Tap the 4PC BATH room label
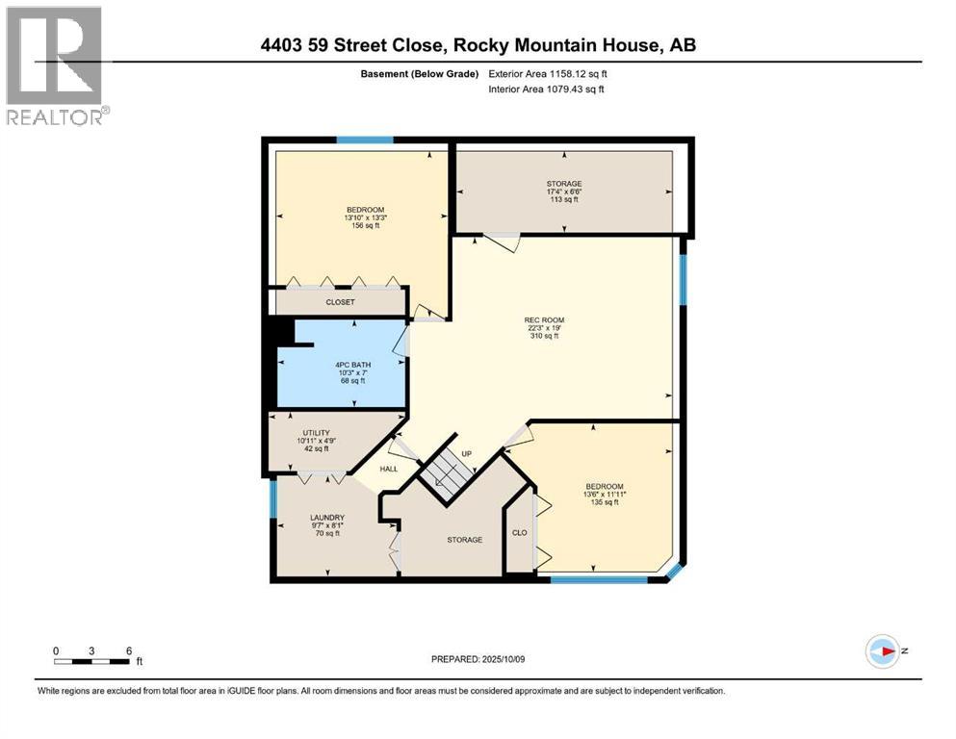tap(353, 365)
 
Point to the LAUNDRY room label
tap(326, 518)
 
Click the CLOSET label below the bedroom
tap(340, 302)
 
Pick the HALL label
tap(388, 469)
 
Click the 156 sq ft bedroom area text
tap(365, 226)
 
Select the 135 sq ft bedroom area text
tap(605, 502)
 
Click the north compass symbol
tap(883, 651)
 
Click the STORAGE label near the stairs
tap(464, 540)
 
